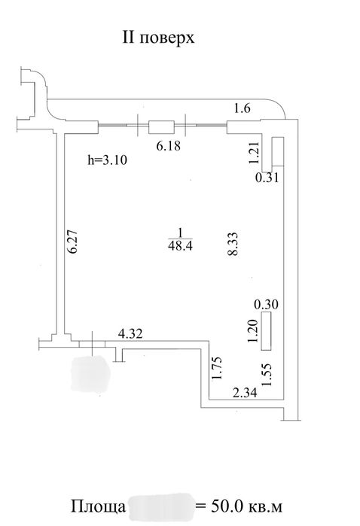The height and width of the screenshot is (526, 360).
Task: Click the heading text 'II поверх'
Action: click(158, 38)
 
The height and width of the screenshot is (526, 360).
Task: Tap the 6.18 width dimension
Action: click(169, 146)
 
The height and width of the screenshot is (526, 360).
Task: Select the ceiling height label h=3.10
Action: click(108, 160)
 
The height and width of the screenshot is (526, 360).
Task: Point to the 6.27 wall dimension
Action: click(73, 242)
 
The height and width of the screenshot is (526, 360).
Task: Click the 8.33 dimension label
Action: click(233, 245)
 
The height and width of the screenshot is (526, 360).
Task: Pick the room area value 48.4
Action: click(180, 246)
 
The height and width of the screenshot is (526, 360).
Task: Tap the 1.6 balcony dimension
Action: click(242, 108)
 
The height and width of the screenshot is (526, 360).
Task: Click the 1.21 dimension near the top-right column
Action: click(255, 153)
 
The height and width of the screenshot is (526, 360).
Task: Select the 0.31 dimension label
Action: click(267, 177)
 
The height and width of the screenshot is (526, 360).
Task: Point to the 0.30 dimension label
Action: click(267, 304)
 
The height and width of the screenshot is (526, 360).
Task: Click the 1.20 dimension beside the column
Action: click(252, 331)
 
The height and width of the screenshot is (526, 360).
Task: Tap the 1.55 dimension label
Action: click(267, 375)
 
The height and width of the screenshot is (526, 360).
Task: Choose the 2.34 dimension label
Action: click(246, 392)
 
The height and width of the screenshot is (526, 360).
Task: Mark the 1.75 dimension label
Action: click(217, 369)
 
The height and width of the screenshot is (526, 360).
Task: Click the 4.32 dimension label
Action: click(130, 334)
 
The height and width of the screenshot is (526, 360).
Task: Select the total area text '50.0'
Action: click(227, 506)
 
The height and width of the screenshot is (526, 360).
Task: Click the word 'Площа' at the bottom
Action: click(98, 507)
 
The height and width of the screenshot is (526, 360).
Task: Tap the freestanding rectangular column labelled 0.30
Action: click(266, 331)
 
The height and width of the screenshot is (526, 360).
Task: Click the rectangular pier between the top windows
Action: click(161, 127)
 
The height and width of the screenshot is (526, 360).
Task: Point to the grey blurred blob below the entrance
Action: click(91, 374)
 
